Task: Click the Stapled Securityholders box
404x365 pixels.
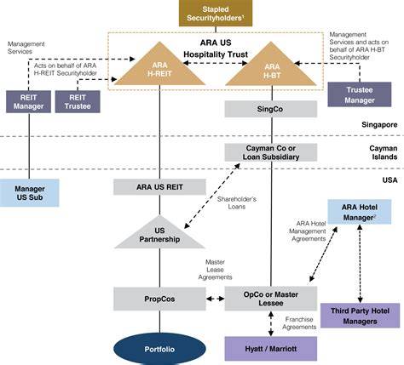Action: click(x=216, y=13)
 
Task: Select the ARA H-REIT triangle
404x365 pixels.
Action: click(x=159, y=69)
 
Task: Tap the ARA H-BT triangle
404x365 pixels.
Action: click(x=271, y=69)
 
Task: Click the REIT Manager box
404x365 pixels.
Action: click(x=28, y=102)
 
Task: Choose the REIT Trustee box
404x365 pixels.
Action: click(x=78, y=102)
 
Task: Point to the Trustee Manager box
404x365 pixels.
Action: click(x=360, y=94)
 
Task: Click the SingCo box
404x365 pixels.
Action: click(x=271, y=109)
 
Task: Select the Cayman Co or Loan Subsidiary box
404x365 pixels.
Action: click(x=271, y=152)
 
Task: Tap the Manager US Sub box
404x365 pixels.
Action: click(x=30, y=193)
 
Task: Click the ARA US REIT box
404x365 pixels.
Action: click(x=159, y=187)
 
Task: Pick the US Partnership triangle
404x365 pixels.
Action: click(x=159, y=235)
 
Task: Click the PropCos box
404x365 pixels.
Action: click(x=159, y=299)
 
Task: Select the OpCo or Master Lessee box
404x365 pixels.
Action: click(x=271, y=299)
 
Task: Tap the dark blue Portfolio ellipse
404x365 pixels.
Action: click(x=159, y=349)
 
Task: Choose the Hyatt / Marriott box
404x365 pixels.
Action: click(x=271, y=349)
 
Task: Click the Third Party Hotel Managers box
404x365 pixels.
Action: click(x=360, y=316)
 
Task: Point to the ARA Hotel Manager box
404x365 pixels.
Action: click(x=360, y=212)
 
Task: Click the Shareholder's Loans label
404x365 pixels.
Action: click(x=237, y=202)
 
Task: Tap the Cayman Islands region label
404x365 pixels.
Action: click(x=384, y=152)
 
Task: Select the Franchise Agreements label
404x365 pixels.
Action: click(x=299, y=323)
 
